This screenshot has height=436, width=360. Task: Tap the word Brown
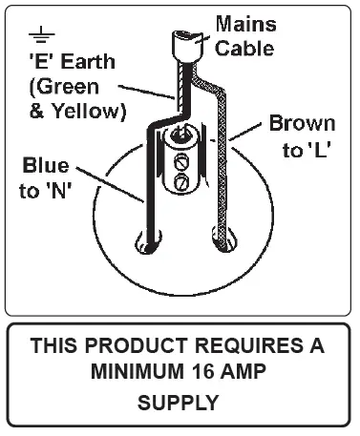tap(302, 124)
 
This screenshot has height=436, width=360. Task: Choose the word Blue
tap(46, 164)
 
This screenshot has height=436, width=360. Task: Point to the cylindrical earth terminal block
tap(180, 157)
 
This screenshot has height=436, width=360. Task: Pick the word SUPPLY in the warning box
tap(179, 403)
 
